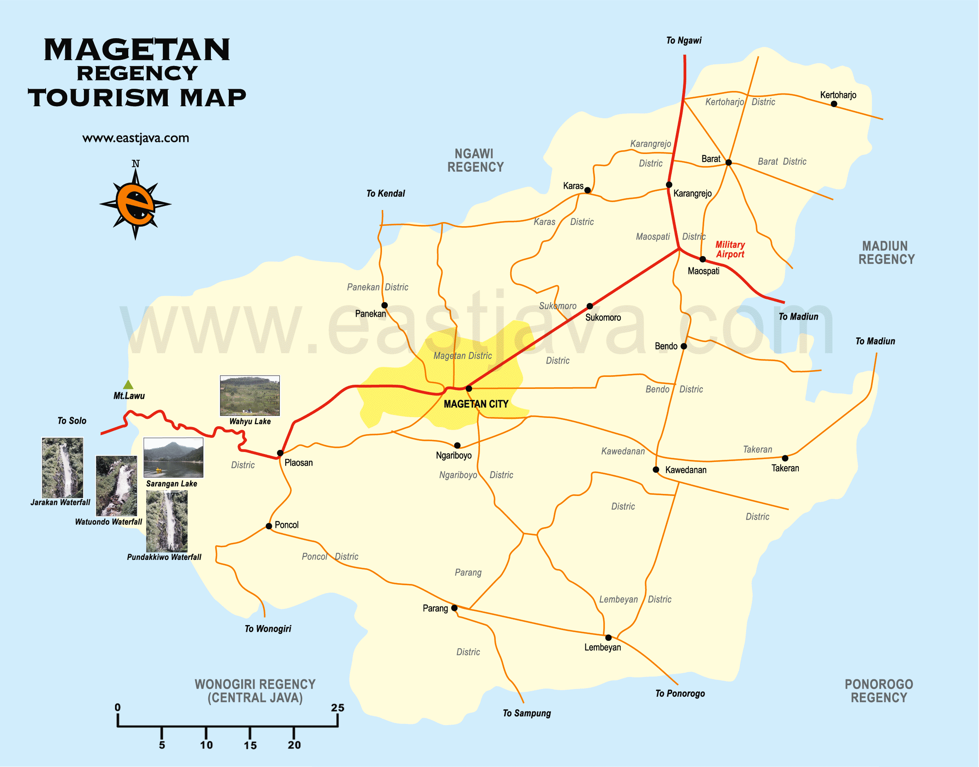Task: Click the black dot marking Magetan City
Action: click(469, 388)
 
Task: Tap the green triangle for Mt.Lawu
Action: click(128, 385)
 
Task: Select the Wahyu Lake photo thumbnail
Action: click(250, 396)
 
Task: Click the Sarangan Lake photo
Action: click(174, 458)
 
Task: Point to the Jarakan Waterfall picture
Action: click(62, 467)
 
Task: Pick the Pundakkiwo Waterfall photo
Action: click(166, 521)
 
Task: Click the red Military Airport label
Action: click(730, 249)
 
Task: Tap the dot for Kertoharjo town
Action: click(834, 104)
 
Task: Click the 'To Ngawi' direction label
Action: click(683, 40)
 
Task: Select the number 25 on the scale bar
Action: click(338, 708)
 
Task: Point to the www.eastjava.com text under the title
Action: click(136, 138)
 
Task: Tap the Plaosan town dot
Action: click(280, 453)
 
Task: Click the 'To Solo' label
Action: click(72, 421)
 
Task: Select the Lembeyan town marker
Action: click(609, 638)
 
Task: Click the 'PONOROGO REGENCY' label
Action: click(879, 691)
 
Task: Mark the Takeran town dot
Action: click(785, 458)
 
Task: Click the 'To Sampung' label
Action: click(527, 713)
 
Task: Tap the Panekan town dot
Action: click(384, 305)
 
